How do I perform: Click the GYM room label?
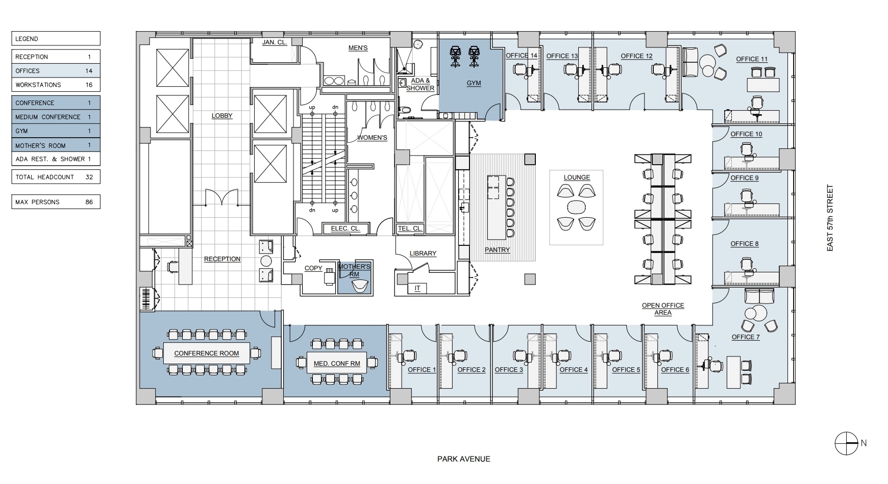474,83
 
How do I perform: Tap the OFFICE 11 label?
751,59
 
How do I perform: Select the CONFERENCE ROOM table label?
206,353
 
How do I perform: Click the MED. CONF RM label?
336,364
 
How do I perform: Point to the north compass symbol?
846,443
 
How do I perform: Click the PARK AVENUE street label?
463,459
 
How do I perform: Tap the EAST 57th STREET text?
830,218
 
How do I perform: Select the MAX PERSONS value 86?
89,202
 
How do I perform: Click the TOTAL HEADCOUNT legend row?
56,177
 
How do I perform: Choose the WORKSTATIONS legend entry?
56,85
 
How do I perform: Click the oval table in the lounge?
577,208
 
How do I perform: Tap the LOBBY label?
221,116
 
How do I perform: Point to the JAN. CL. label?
275,42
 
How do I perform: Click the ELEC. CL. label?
346,228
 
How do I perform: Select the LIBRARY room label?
423,253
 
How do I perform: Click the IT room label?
417,288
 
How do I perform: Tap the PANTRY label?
497,249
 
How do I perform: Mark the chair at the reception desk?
173,266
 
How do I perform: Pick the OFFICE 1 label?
422,370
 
